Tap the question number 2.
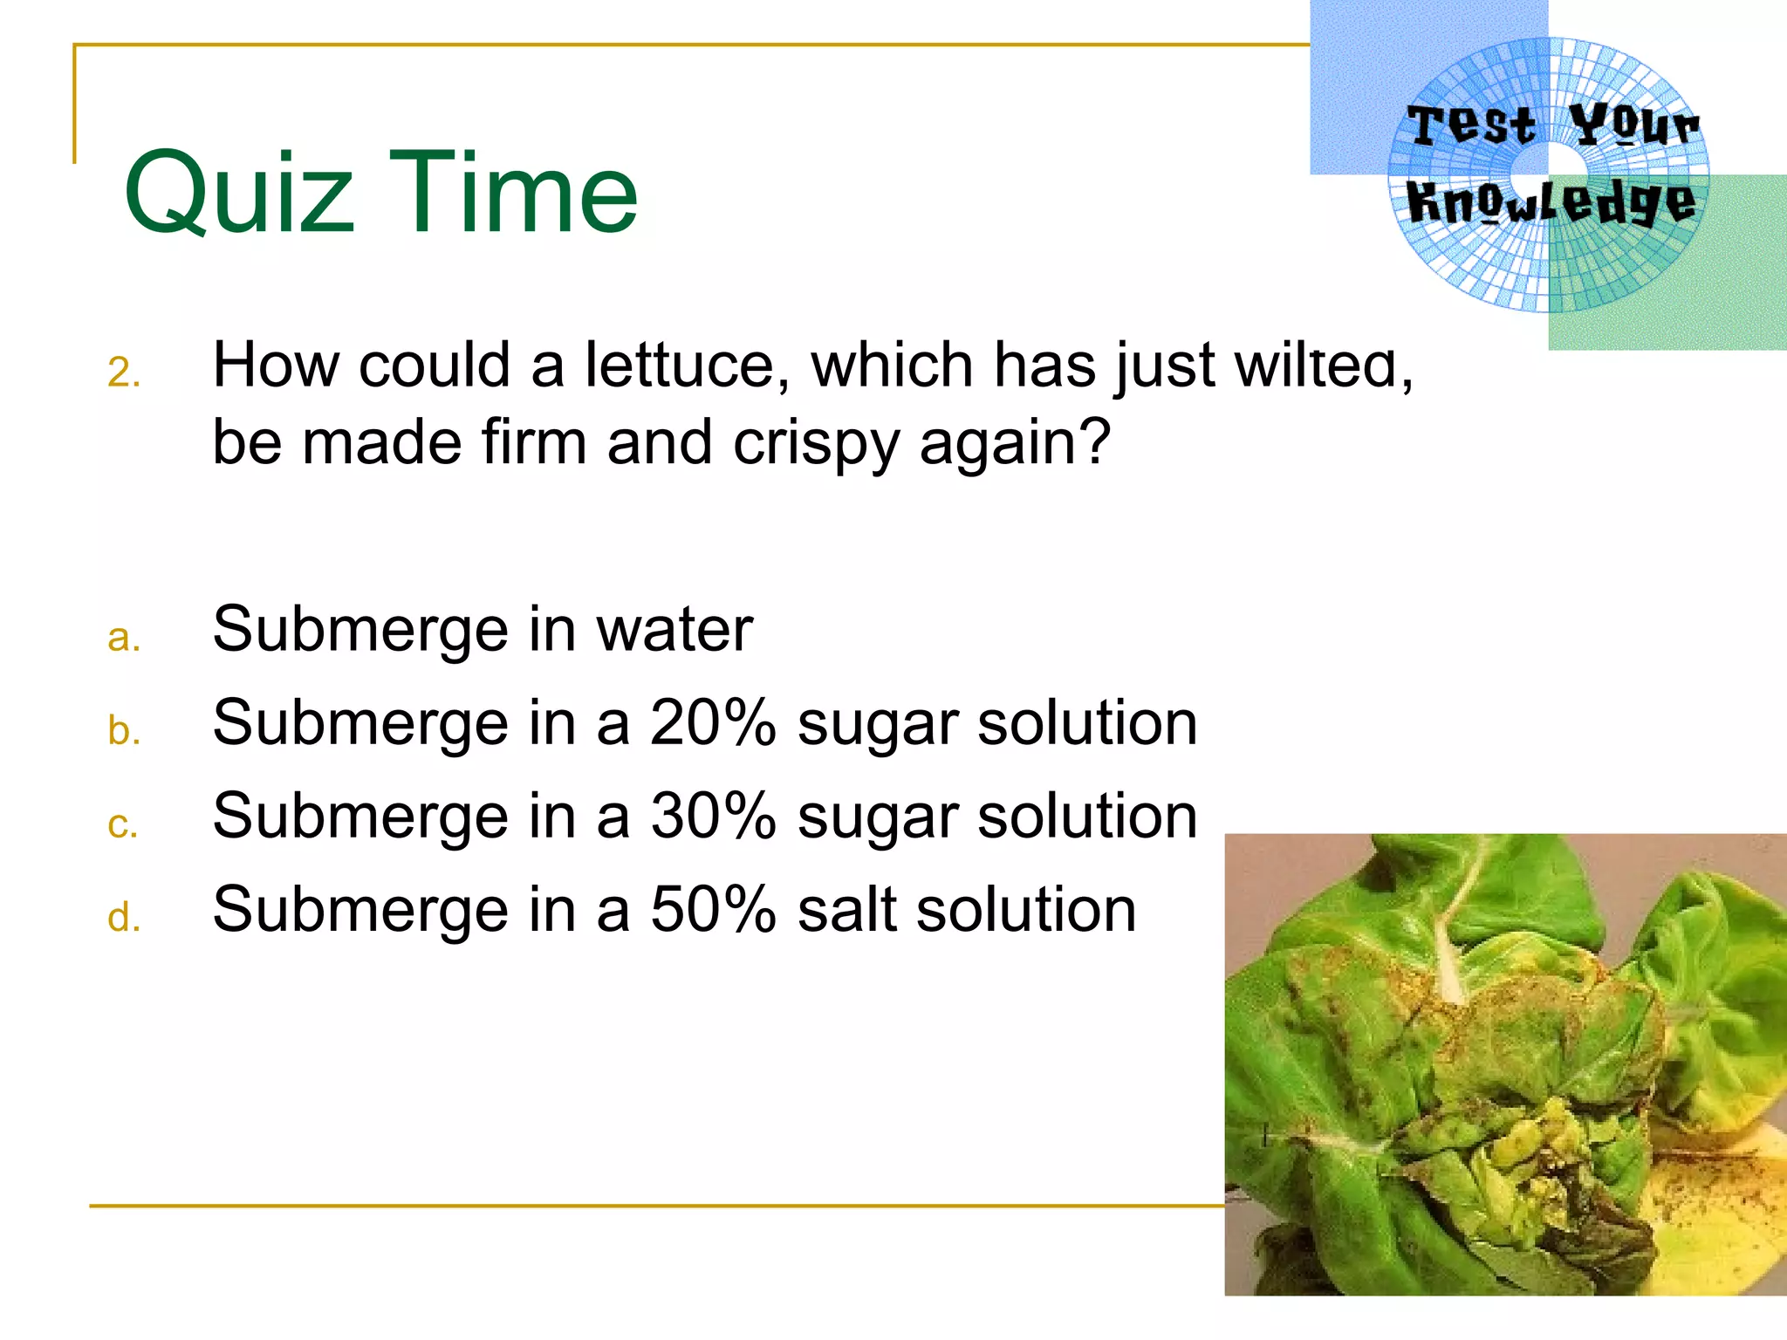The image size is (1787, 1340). click(123, 373)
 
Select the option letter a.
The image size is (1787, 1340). click(123, 638)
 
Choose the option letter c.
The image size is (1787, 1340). click(123, 824)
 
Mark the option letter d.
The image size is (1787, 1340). click(123, 917)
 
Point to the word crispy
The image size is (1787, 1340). click(816, 444)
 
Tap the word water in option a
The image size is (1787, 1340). click(674, 629)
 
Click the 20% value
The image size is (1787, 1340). click(713, 723)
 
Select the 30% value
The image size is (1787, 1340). click(713, 817)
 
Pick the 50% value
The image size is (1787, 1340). click(713, 910)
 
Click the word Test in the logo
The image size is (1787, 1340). click(1471, 125)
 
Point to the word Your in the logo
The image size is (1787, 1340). click(1633, 125)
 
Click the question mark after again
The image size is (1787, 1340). click(1094, 441)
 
